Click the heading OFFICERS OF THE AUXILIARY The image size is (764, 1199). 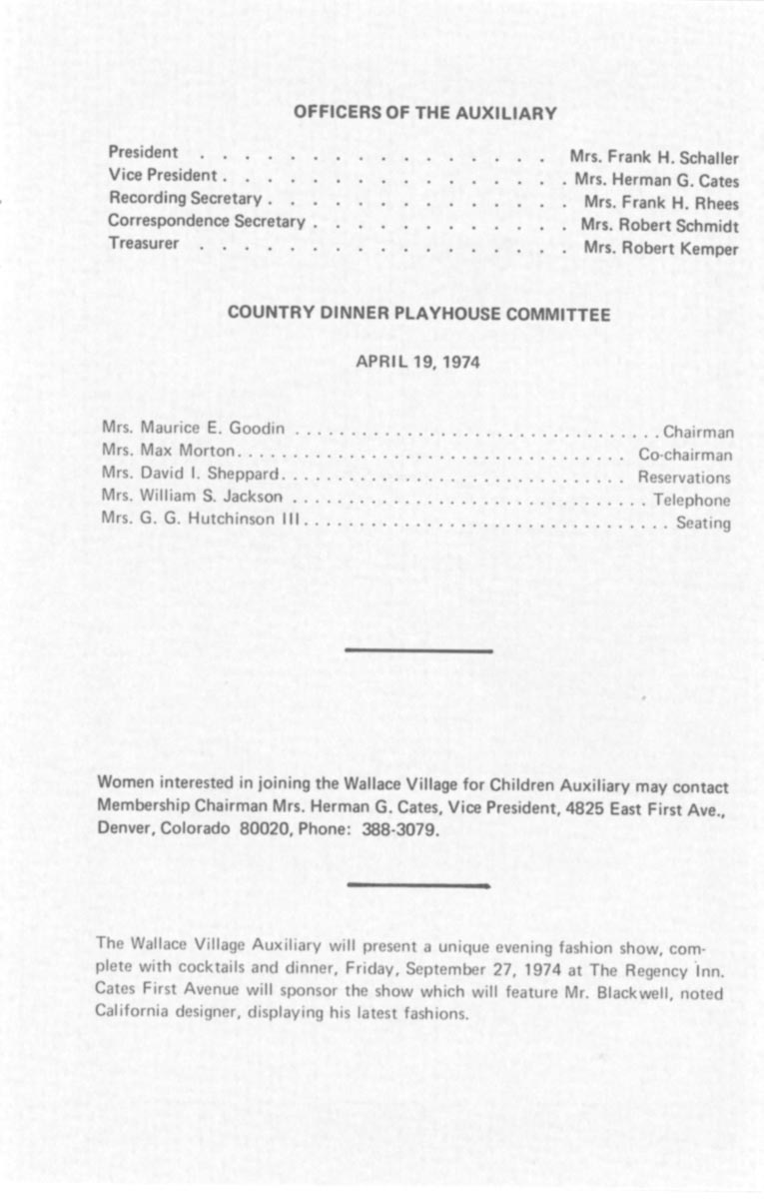coord(424,114)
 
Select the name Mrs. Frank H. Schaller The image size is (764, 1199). coord(654,158)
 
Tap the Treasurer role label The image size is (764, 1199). coord(144,243)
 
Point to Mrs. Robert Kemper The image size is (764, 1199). coord(661,249)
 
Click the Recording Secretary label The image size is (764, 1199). coord(185,199)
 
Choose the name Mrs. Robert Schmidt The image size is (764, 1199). coord(660,226)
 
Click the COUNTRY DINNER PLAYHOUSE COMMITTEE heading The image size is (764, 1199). coord(418,314)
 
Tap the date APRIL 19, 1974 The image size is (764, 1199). coord(417,362)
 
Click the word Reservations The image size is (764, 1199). coord(684,478)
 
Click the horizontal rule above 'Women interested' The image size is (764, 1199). coord(418,651)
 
